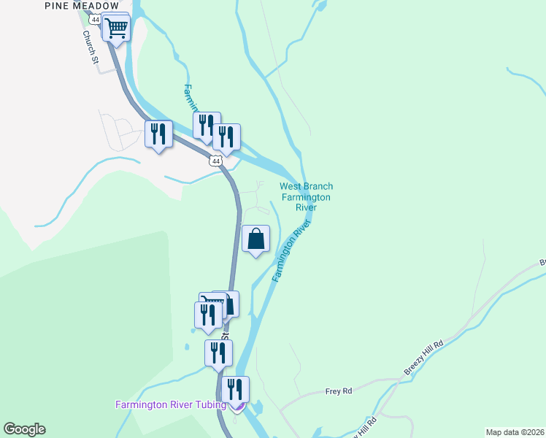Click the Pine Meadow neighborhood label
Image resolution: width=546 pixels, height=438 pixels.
tap(81, 5)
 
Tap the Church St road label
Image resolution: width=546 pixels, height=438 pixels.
tap(90, 47)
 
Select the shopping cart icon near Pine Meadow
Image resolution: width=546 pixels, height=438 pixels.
tap(117, 28)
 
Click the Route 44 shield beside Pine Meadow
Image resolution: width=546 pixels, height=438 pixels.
tap(96, 19)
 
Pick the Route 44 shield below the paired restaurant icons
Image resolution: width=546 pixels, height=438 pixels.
tap(214, 161)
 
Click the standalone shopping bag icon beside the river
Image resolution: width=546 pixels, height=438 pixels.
tap(255, 239)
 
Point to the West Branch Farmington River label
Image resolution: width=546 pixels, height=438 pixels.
tap(306, 197)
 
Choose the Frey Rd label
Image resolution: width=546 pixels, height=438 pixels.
tap(339, 391)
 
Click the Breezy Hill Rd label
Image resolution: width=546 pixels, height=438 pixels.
tap(423, 359)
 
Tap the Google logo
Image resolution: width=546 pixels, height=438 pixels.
tap(24, 429)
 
